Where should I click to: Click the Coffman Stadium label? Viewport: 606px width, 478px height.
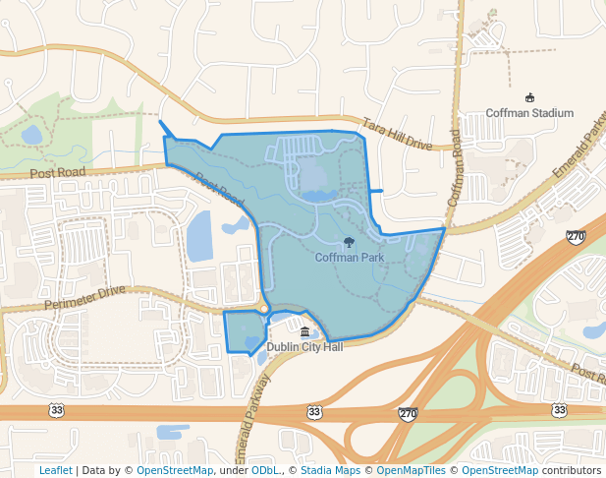coord(529,113)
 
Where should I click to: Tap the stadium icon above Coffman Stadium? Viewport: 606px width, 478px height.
coord(529,97)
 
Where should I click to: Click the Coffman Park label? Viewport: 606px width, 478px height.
coord(349,258)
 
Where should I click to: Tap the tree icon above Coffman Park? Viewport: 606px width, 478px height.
coord(349,243)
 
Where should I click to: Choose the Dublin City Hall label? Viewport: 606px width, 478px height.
coord(304,347)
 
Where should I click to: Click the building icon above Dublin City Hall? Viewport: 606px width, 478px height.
coord(304,332)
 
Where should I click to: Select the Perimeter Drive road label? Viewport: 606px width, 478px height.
coord(85,299)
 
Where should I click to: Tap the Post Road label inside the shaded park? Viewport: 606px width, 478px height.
coord(219,190)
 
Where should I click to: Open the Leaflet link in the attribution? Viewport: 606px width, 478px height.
coord(55,470)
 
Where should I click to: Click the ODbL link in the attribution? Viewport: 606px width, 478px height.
coord(265,470)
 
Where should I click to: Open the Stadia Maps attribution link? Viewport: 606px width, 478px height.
coord(330,470)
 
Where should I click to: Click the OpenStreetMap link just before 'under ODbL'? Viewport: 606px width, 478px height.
coord(175,470)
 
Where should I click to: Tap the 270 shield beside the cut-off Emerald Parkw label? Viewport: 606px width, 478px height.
coord(576,237)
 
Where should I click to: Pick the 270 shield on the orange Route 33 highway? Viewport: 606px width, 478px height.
coord(408,413)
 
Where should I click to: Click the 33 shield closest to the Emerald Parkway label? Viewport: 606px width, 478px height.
coord(313,410)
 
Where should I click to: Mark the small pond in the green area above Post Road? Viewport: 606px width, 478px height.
coord(31,134)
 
